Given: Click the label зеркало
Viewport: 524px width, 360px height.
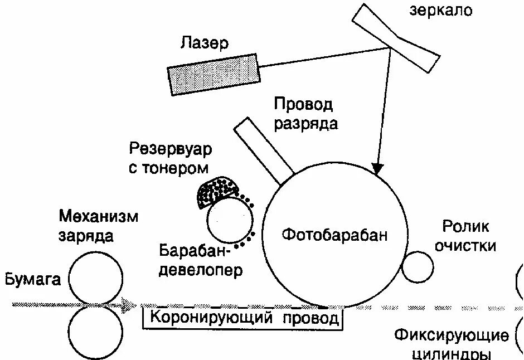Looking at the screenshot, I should pos(440,10).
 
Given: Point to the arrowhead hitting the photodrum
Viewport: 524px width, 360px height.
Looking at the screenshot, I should pos(379,168).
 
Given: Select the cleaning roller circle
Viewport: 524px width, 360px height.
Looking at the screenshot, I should pos(418,267).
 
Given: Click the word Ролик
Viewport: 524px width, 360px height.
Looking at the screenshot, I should pos(465,226).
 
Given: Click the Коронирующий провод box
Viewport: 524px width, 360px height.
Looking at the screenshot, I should pos(241,318).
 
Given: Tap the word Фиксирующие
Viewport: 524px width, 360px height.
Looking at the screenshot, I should pos(451,335).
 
